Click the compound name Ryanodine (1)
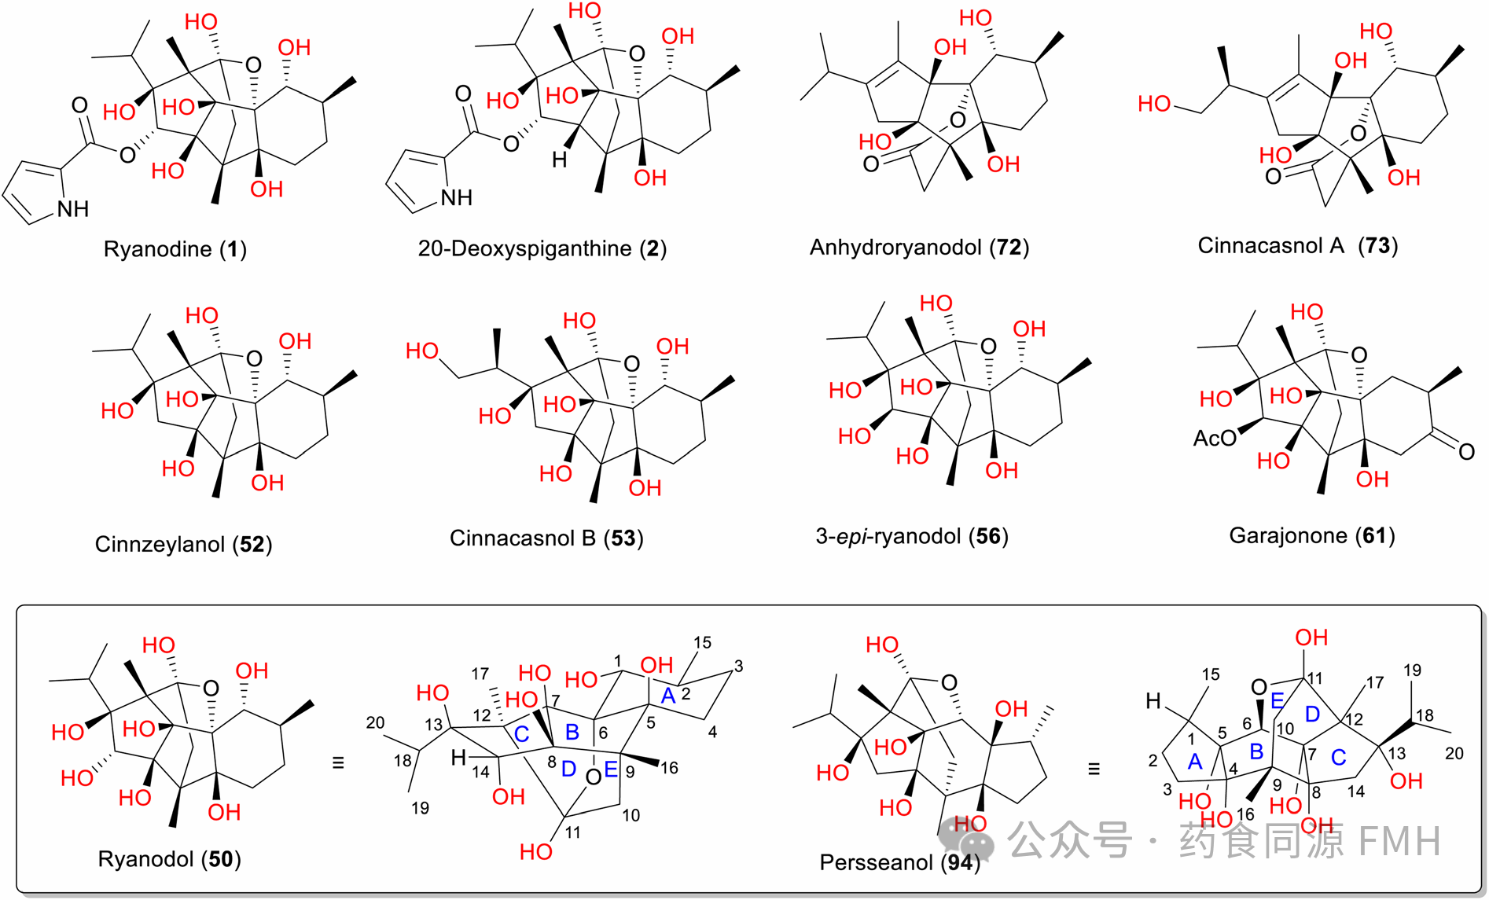[175, 250]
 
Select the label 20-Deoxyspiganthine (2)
[542, 249]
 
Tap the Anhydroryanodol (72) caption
[919, 248]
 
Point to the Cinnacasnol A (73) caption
[1297, 246]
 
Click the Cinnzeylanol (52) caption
[183, 544]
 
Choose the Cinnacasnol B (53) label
[546, 538]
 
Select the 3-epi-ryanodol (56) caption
[912, 536]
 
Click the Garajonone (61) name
[1311, 536]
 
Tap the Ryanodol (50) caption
[169, 859]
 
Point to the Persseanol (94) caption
[899, 862]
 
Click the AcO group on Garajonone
[1214, 438]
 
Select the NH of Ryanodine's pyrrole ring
[73, 209]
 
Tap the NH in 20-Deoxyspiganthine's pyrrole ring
[456, 198]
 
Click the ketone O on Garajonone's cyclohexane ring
[1466, 451]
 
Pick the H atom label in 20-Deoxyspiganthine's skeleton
[559, 160]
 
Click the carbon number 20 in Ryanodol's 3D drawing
[376, 723]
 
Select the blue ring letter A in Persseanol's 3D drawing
[1195, 761]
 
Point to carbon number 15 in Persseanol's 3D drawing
[1211, 674]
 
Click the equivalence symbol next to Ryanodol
[338, 762]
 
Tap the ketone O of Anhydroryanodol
[870, 164]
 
